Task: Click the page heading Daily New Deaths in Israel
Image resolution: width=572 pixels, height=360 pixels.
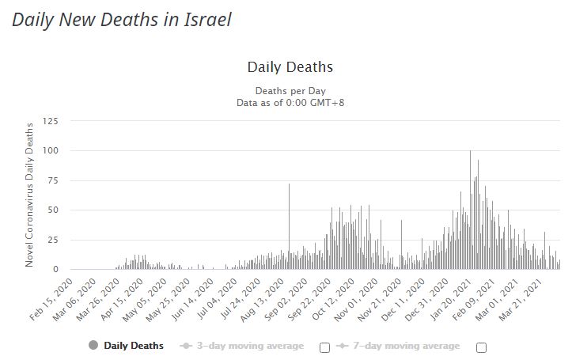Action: coord(121,20)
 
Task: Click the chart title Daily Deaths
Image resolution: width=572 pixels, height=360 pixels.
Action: coord(290,67)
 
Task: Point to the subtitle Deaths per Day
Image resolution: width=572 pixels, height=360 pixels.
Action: coord(290,90)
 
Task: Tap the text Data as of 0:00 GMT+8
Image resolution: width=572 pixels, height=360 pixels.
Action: coord(290,103)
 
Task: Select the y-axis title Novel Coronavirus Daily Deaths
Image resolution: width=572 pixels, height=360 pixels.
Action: coord(30,195)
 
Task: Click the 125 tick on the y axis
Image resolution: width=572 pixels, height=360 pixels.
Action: coord(51,121)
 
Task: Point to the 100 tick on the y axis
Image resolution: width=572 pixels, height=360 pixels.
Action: coord(51,150)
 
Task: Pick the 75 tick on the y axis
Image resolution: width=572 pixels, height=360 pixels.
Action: coord(53,180)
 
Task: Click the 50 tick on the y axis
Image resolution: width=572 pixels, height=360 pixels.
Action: coord(53,210)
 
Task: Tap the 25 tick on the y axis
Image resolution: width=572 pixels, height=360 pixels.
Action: coord(53,240)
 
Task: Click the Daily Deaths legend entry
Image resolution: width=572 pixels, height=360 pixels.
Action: coord(127,346)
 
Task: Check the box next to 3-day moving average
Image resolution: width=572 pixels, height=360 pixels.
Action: coord(324,347)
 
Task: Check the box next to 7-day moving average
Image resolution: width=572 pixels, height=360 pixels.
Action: coord(481,347)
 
